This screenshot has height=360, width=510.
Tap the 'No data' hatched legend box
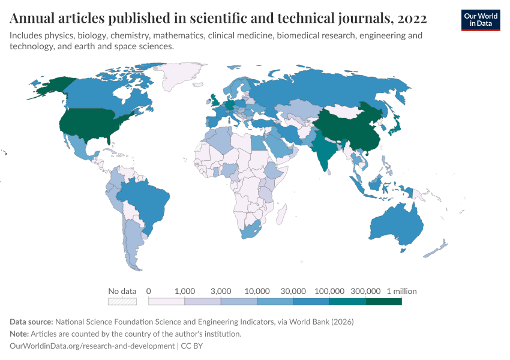coord(122,301)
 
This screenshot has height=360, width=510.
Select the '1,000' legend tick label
coord(185,291)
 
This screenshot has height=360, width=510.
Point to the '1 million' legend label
coord(401,291)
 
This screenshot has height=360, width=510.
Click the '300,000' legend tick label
coord(365,291)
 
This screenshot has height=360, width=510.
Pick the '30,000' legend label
coord(293,291)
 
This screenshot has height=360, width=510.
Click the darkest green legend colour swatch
coord(383,301)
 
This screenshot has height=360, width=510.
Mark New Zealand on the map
coord(439,249)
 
